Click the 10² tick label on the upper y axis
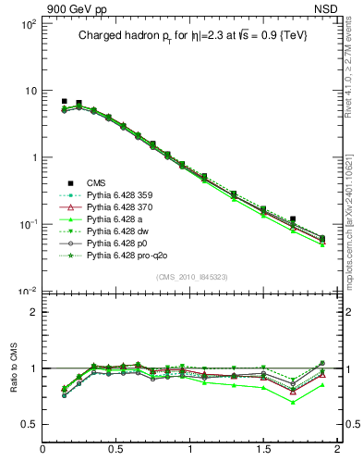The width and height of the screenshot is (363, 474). [x=28, y=24]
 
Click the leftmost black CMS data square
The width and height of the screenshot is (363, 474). [x=64, y=101]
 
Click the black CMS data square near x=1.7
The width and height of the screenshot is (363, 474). [x=293, y=219]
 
